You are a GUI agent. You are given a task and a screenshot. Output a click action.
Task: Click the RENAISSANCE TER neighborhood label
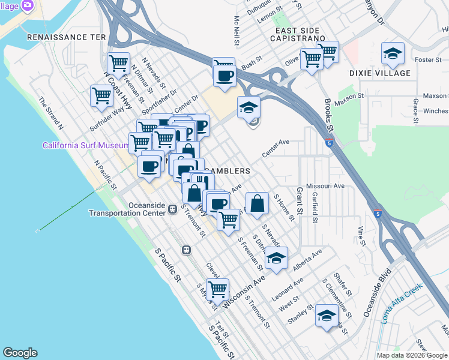66,37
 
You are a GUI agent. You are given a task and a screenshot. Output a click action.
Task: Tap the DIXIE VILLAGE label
388,73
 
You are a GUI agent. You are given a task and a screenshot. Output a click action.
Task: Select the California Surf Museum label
83,146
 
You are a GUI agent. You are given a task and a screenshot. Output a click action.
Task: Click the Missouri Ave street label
325,186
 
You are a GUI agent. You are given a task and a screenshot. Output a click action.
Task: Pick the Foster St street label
428,60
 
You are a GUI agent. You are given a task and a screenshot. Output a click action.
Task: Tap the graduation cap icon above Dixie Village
393,53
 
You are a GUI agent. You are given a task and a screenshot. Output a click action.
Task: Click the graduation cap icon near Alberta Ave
276,259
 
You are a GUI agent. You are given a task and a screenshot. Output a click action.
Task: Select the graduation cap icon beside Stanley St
327,315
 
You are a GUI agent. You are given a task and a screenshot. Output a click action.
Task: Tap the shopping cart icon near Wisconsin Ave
217,289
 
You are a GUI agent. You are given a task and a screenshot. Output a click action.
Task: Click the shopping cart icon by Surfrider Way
101,95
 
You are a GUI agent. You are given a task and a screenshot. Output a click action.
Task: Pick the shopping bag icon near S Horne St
257,203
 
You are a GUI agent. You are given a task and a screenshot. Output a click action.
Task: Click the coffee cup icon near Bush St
224,76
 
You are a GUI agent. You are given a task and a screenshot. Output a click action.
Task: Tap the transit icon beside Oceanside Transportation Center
173,209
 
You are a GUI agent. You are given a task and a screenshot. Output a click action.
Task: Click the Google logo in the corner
20,353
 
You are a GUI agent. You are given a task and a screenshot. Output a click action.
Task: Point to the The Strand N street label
50,113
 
